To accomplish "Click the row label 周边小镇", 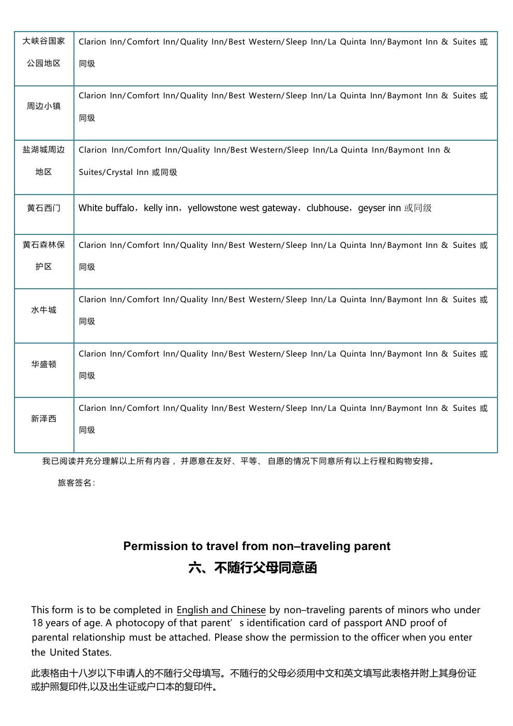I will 44,107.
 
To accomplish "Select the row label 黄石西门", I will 44,208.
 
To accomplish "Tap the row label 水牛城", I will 44,310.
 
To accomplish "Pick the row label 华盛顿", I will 44,364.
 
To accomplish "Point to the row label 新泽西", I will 44,419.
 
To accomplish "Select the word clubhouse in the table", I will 328,208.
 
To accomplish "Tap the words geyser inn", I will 379,208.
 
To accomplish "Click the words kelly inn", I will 161,208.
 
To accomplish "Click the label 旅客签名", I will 76,483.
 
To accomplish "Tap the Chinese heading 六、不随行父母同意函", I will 252,568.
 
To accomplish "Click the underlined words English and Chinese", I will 221,610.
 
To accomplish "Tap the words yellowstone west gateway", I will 242,208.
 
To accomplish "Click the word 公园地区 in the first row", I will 44,63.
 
